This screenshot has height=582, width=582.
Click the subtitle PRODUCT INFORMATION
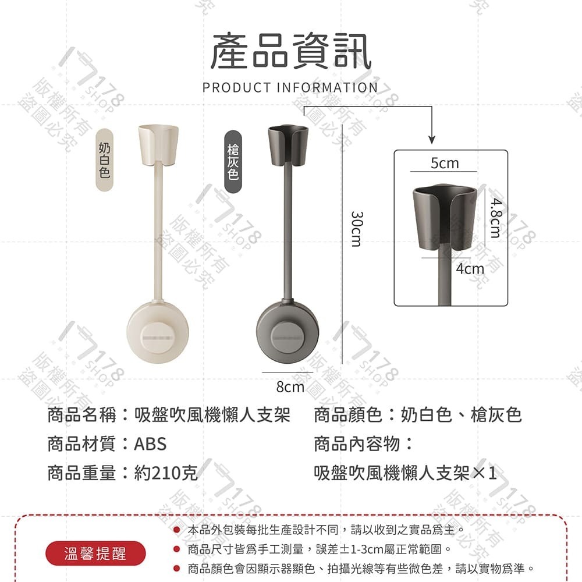point(290,88)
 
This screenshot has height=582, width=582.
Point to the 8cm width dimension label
point(290,386)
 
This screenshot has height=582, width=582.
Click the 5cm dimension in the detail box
point(445,164)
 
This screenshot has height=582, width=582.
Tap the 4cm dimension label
point(470,268)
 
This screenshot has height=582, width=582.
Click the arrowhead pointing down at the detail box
point(432,139)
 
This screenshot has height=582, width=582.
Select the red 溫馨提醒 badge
point(95,553)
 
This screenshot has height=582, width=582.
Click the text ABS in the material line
point(150,444)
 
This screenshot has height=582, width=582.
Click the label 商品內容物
point(363,444)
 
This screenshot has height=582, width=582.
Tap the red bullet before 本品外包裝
point(175,530)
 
